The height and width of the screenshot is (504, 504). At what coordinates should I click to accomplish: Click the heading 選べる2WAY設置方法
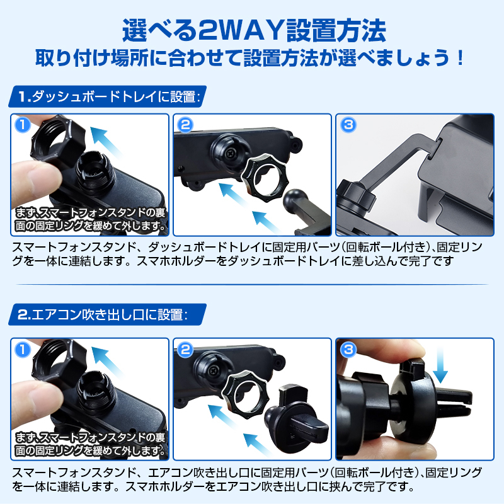pos(252,30)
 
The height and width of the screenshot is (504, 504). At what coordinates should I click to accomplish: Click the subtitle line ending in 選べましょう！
pos(252,60)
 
